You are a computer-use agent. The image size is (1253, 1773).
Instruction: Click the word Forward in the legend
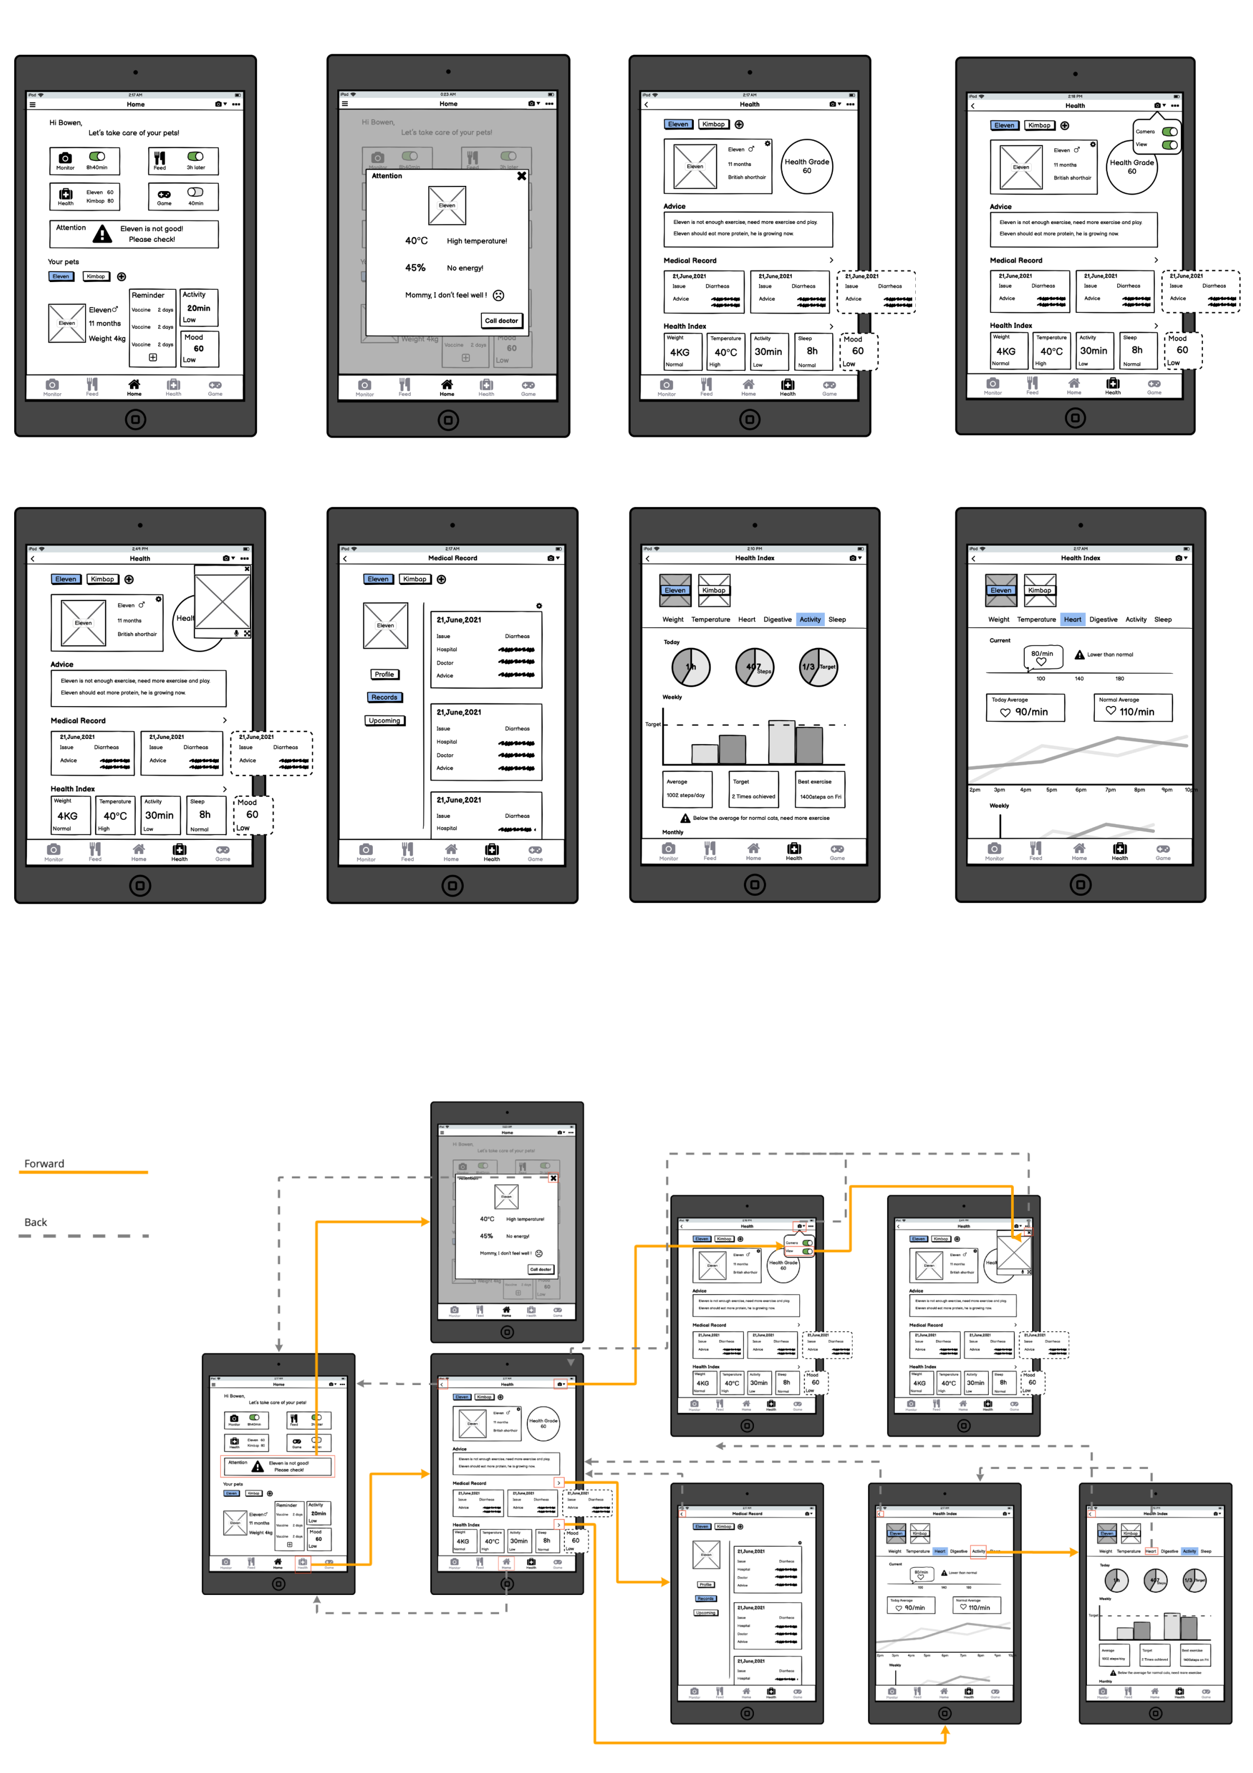point(44,1164)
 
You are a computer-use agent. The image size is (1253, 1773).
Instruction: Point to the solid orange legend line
point(84,1172)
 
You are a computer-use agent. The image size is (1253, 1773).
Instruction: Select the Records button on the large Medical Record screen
point(384,697)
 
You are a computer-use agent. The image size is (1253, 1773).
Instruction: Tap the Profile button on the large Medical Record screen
point(384,674)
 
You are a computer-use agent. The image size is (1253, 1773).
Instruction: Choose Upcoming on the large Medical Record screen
point(384,721)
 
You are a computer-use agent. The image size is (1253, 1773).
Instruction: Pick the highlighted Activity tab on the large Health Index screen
point(810,619)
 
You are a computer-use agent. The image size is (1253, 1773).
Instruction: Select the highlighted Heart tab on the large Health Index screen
point(1072,619)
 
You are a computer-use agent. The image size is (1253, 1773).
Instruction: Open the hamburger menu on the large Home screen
point(32,104)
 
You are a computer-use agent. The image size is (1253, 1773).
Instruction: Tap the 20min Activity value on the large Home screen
point(198,308)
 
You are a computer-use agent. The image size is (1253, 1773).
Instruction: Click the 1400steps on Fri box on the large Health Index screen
point(820,796)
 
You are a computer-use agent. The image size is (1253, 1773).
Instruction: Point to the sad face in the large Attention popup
point(499,295)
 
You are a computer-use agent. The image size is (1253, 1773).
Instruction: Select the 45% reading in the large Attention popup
point(416,268)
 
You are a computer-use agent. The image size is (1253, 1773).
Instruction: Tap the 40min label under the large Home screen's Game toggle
point(196,203)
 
